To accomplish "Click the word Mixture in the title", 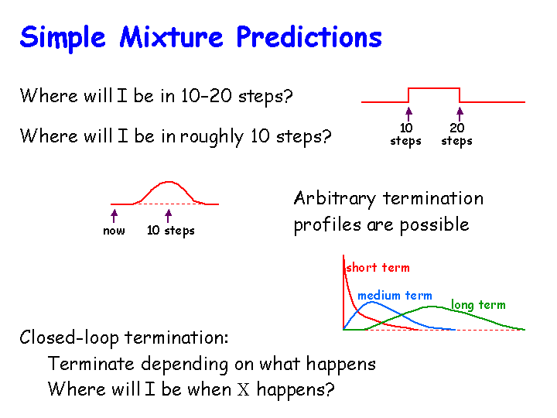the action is [x=171, y=37].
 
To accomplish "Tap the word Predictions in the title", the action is [x=309, y=37].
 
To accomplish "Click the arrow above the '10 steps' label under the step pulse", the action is [x=408, y=114].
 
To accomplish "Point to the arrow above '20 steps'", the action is [x=460, y=114].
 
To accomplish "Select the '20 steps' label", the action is [x=457, y=135].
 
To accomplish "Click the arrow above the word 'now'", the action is [x=114, y=216].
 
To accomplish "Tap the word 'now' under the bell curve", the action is [x=114, y=231].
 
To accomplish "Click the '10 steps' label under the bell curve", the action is [x=171, y=231].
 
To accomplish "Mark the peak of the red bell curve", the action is [x=169, y=182].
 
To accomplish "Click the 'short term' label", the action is [x=378, y=268].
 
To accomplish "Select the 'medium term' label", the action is [x=395, y=296].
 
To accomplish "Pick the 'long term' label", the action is [x=478, y=305].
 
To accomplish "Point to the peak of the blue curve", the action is [x=371, y=302].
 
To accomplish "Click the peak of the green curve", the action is [x=431, y=307].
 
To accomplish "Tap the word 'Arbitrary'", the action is [x=335, y=199].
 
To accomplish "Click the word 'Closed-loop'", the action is [x=70, y=337].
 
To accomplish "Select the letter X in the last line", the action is [x=244, y=389].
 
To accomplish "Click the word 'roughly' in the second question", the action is [x=212, y=136].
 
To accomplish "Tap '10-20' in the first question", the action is [x=206, y=96].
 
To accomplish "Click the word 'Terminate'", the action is [x=91, y=364].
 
